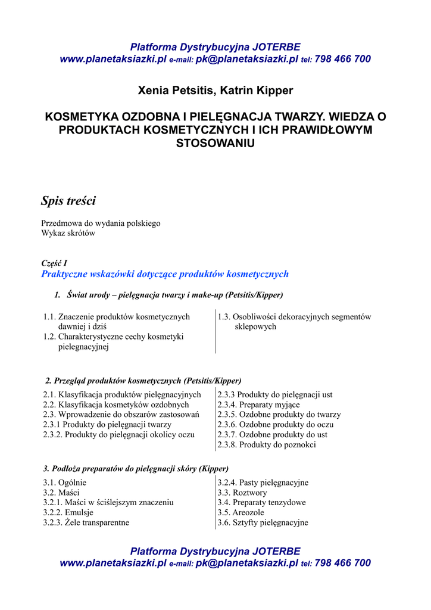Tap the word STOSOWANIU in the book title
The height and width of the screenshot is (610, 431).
coord(215,144)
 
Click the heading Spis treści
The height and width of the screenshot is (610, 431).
coord(68,201)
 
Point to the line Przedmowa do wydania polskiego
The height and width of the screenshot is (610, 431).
coord(101,223)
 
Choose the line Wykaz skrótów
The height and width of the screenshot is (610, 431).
coord(68,234)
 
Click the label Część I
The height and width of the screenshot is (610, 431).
coord(54,263)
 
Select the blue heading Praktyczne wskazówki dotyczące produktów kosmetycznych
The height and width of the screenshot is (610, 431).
coord(164,274)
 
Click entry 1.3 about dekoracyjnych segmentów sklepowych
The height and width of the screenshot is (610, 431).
coord(294,322)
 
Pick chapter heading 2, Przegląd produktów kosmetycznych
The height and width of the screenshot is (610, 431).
coord(143,381)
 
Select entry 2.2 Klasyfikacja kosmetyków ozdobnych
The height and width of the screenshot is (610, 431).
coord(116,404)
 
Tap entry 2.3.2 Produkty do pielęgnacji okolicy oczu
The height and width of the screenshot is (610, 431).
coord(119,434)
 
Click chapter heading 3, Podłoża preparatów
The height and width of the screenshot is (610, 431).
coord(136,469)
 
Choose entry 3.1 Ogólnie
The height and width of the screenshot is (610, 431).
coord(65,483)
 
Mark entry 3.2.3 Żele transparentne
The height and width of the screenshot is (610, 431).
coord(86,522)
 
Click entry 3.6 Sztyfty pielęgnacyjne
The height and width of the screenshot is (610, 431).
coord(263,522)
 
